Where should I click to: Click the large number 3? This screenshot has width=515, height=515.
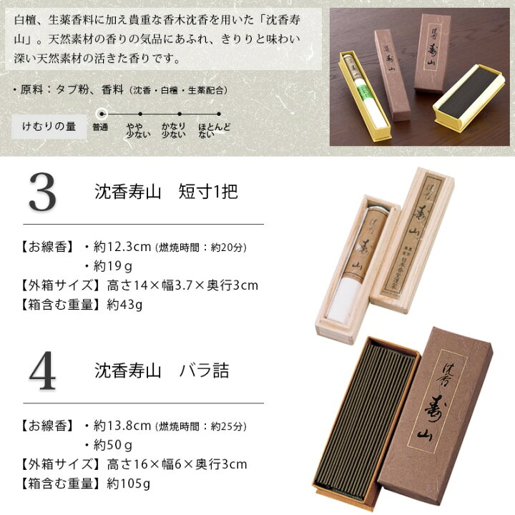(x=43, y=192)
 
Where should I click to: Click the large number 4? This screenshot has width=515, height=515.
(x=43, y=371)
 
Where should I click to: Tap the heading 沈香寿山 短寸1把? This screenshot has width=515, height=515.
(x=166, y=192)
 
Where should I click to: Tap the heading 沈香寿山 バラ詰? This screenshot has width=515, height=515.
(x=162, y=371)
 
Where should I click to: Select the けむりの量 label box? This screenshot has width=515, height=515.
(x=49, y=127)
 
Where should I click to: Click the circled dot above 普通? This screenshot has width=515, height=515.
(x=102, y=114)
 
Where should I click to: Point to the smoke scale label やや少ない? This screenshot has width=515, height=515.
(x=138, y=130)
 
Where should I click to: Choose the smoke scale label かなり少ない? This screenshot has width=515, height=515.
(x=173, y=130)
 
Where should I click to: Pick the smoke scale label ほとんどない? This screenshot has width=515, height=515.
(x=214, y=130)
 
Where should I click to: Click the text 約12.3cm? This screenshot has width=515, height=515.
(x=122, y=247)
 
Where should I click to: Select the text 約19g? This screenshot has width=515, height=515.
(x=113, y=266)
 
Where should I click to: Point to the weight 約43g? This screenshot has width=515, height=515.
(x=124, y=305)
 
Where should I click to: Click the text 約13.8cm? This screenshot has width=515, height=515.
(x=122, y=426)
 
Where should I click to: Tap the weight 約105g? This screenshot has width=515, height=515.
(x=129, y=484)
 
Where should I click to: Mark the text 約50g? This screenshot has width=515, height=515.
(x=113, y=446)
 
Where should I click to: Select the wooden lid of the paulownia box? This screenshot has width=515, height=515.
(x=412, y=240)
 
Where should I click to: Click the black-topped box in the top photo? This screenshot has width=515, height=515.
(x=468, y=99)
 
